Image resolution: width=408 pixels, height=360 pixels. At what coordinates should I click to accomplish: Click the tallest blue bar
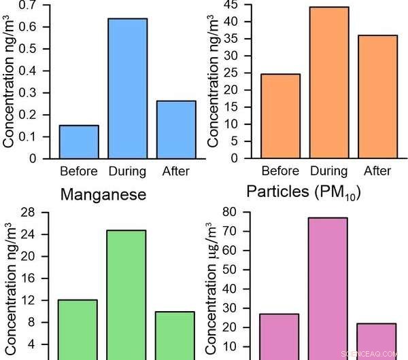[128, 88]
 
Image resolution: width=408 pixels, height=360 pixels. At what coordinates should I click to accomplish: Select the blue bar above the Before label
[79, 141]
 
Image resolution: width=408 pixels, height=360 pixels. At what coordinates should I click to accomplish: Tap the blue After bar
[176, 129]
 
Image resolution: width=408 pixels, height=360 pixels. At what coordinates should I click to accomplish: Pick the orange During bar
[329, 82]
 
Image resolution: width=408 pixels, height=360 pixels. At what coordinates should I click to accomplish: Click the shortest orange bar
[280, 115]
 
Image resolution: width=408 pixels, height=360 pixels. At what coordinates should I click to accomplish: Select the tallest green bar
[126, 292]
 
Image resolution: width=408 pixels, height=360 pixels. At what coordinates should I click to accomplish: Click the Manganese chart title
[103, 196]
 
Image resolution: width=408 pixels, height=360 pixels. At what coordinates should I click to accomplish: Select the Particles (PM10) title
[303, 192]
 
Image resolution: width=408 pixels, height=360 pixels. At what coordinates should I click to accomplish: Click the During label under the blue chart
[128, 171]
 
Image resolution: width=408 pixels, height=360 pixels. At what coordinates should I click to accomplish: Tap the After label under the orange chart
[377, 170]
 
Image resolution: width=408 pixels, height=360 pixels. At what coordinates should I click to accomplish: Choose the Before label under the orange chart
[280, 170]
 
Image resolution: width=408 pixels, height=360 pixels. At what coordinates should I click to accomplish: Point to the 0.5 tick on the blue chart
[31, 49]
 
